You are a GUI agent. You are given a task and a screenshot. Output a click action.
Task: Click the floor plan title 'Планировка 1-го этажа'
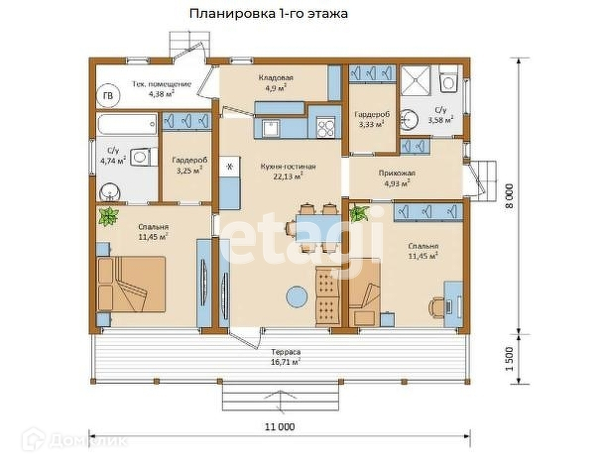pos(269,14)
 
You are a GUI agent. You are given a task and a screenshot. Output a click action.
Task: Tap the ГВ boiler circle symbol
pos(108,95)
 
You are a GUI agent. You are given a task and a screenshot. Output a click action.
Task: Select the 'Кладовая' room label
pos(276,77)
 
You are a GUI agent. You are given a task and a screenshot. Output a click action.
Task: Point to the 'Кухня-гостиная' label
pos(288,167)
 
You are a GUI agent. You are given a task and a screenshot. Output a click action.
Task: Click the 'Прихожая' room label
pos(397,174)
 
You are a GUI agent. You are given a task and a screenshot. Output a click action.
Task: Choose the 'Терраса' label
pos(286,352)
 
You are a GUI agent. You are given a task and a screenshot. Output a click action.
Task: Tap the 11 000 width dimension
pos(280,426)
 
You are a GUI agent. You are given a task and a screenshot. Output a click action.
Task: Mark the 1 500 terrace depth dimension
pos(510,359)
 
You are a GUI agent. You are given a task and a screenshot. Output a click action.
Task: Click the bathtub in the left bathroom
pos(127,124)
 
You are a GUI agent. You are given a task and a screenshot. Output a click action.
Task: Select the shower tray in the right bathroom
pos(416,80)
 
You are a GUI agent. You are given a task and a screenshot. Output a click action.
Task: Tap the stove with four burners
pos(325,127)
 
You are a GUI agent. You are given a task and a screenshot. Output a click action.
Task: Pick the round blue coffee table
pos(298,296)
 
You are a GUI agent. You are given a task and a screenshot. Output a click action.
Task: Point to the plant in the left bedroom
pos(108,216)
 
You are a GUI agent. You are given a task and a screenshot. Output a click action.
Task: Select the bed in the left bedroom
pos(131,284)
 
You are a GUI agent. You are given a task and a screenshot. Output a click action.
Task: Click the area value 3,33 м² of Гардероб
pos(372,124)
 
